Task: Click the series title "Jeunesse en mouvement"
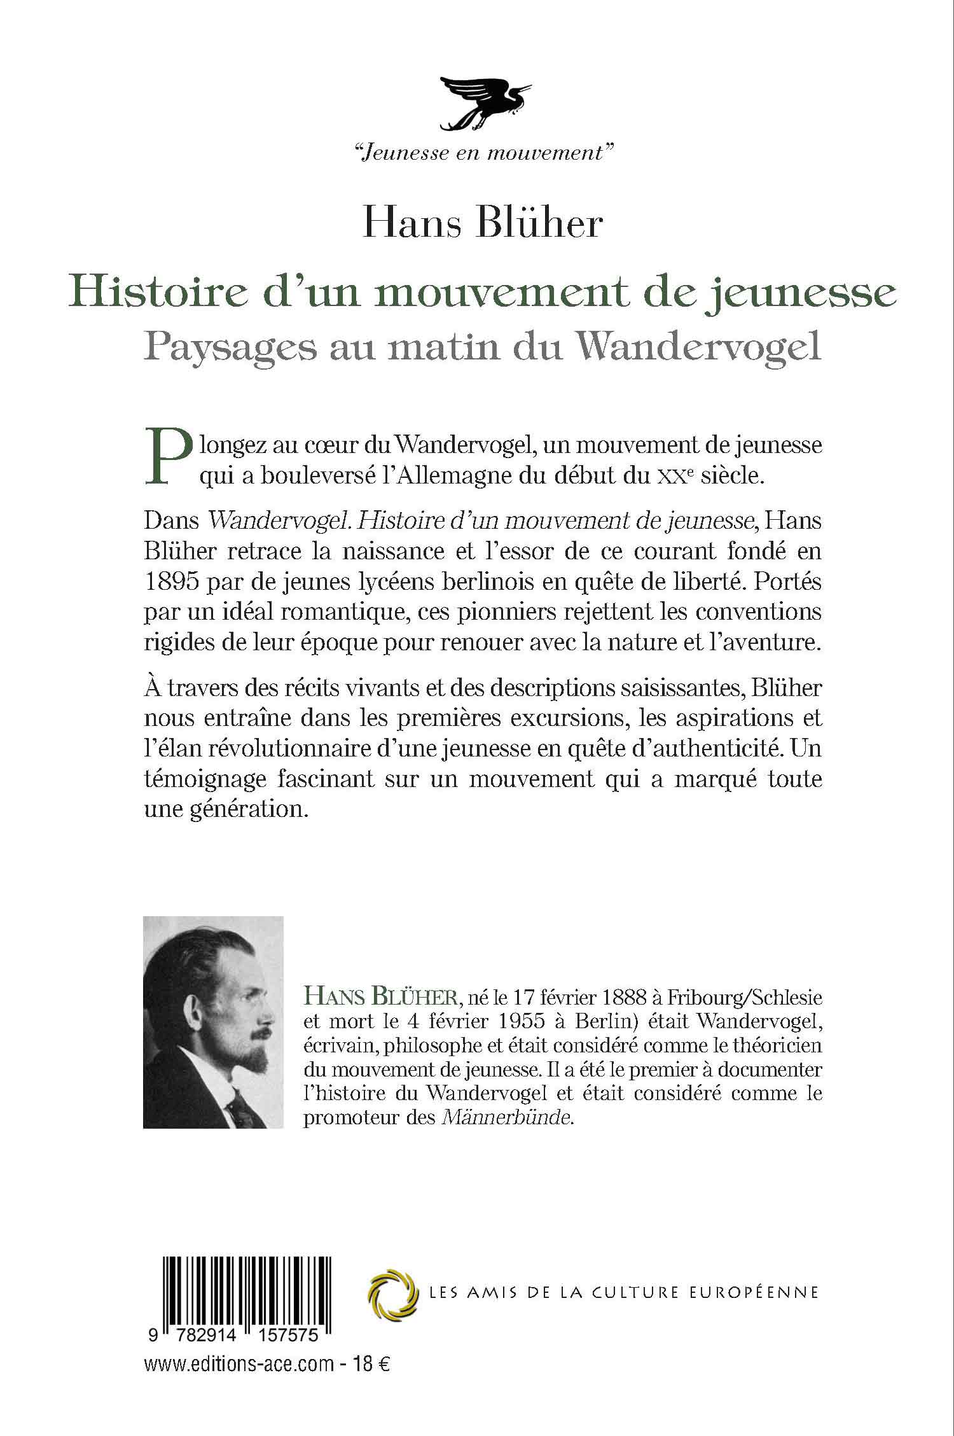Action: pos(481,153)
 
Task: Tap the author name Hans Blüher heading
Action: pos(482,223)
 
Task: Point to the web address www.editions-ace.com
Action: pos(239,1346)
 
